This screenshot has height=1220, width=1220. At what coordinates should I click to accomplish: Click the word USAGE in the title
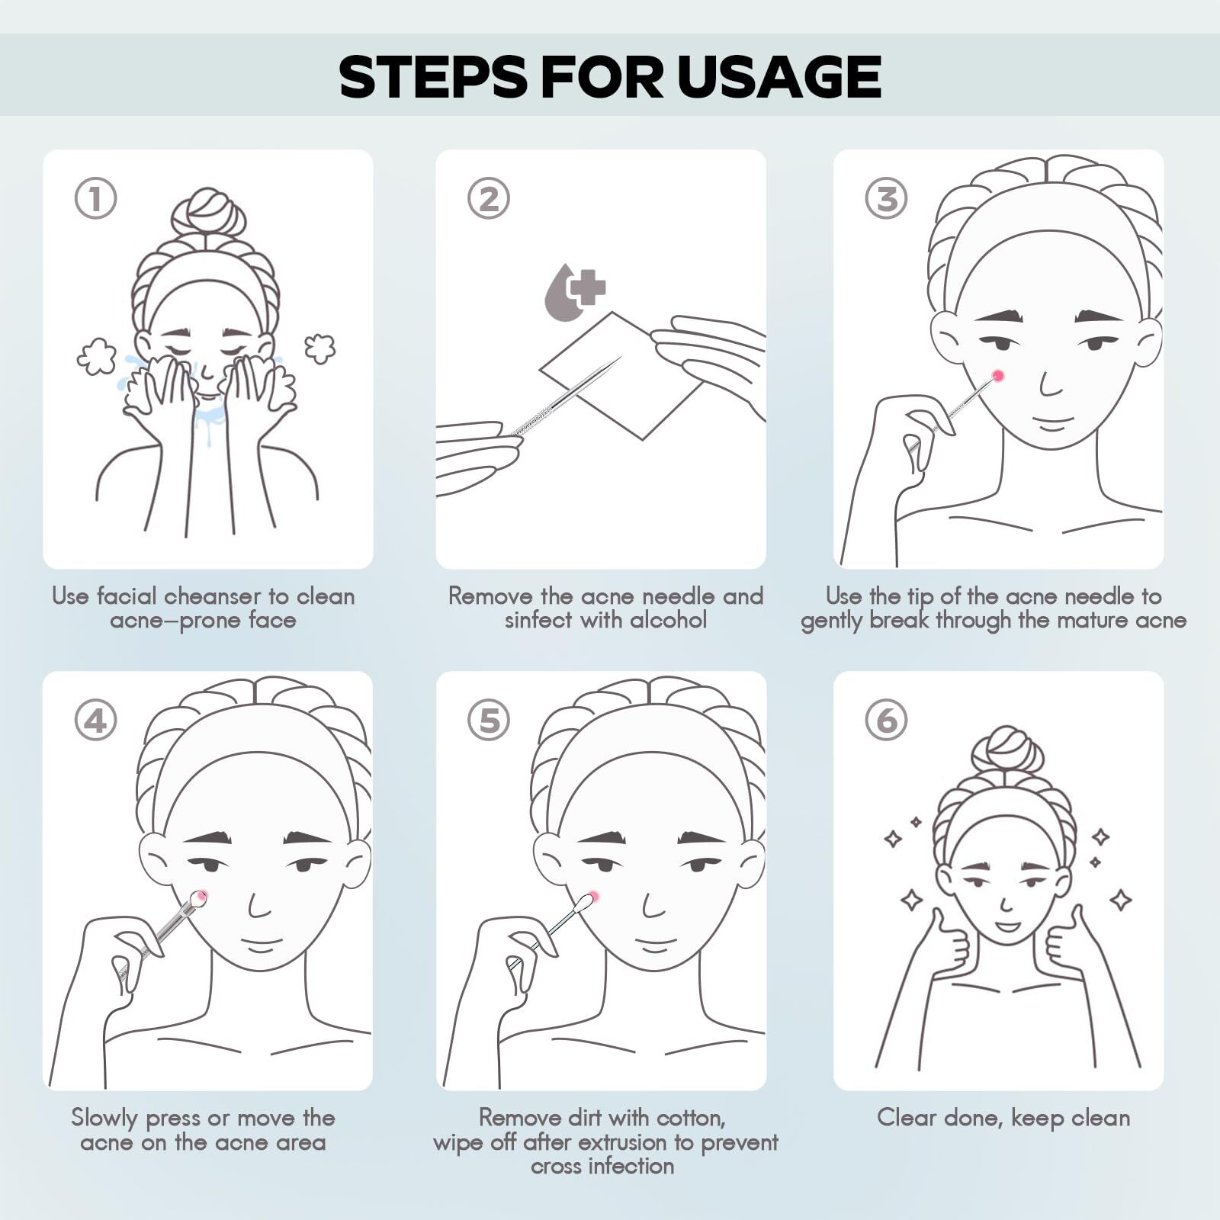[779, 76]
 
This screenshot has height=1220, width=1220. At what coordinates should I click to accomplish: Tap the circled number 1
[96, 198]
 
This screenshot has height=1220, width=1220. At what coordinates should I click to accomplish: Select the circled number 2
[489, 198]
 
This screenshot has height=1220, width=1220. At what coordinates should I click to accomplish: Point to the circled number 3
[887, 198]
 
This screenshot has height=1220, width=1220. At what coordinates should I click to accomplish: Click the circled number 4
[96, 720]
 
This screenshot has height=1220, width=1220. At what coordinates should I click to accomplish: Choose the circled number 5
[489, 720]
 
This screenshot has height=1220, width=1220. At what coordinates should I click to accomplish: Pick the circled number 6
[887, 720]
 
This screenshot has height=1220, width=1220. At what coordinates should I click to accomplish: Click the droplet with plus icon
[573, 292]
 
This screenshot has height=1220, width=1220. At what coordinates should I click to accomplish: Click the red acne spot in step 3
[997, 375]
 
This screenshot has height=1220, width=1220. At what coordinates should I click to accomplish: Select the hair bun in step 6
[1006, 749]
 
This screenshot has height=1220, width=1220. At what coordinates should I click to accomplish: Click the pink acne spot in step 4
[201, 897]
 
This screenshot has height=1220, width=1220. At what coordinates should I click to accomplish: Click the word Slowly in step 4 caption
[105, 1119]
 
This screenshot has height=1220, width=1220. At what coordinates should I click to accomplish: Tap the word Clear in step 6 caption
[906, 1118]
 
